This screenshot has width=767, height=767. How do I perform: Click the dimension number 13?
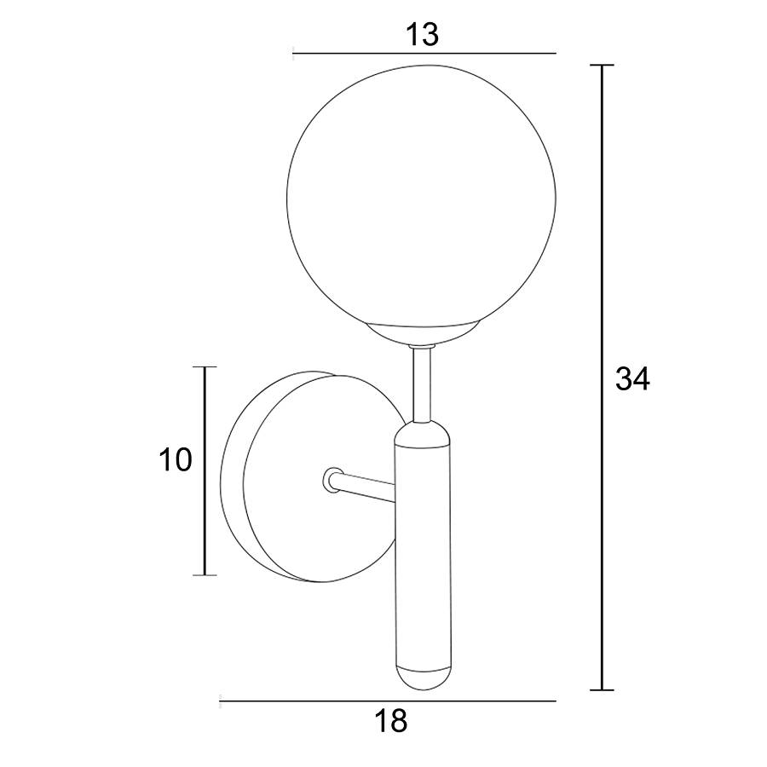422,35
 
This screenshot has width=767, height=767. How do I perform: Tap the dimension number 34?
632,378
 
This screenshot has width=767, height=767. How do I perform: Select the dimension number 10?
175,460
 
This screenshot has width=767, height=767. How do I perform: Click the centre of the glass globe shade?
421,196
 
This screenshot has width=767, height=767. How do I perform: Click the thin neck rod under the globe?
422,384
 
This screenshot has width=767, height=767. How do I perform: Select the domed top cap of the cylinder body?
422,435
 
